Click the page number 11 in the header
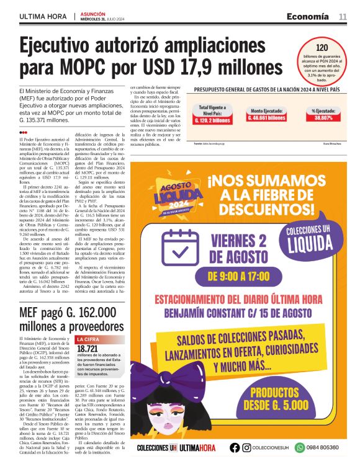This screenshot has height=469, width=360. (342, 16)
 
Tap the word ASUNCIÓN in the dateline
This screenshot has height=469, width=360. (92, 12)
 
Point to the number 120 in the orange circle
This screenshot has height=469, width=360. (322, 47)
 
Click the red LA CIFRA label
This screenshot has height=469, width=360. (87, 339)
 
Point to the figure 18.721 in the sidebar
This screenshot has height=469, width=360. (88, 349)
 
